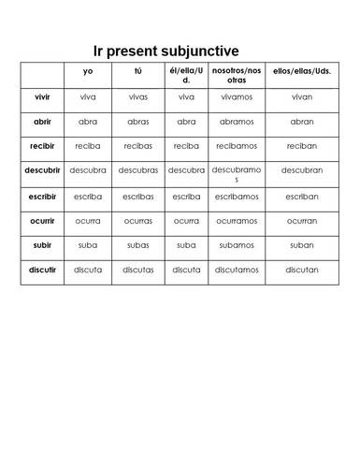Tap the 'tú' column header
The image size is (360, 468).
(137, 70)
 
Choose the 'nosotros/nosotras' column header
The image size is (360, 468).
(237, 75)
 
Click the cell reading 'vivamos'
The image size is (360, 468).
(237, 95)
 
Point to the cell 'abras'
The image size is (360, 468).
(137, 121)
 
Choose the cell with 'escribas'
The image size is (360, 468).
(137, 197)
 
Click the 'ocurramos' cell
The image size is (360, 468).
(237, 221)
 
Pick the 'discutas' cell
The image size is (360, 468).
(137, 271)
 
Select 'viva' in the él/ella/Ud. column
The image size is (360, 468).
(186, 95)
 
